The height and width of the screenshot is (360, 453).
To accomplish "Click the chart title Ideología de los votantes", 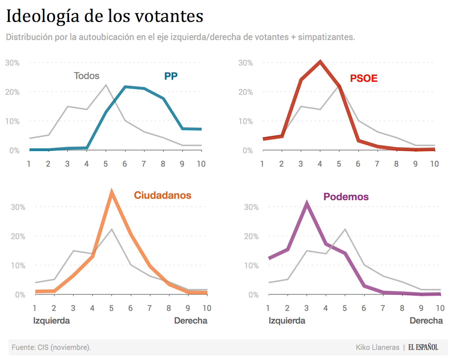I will pyautogui.click(x=105, y=16).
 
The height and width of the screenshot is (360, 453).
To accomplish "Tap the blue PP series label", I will pyautogui.click(x=171, y=76).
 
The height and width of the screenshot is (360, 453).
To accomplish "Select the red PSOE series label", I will pyautogui.click(x=364, y=78).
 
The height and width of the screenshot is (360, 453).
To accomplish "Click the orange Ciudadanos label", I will pyautogui.click(x=163, y=195).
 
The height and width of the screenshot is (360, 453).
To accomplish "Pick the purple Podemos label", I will pyautogui.click(x=346, y=197).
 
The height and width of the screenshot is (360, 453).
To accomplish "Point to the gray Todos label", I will pyautogui.click(x=87, y=76).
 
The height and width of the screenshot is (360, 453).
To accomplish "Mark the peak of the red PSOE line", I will pyautogui.click(x=320, y=62).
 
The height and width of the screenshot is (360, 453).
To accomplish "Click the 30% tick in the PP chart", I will pyautogui.click(x=12, y=63).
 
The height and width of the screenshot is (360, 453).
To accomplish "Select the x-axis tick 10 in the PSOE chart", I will pyautogui.click(x=434, y=164).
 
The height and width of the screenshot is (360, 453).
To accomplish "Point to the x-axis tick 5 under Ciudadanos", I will pyautogui.click(x=111, y=308).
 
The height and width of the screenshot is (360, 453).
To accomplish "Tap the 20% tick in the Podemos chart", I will pyautogui.click(x=251, y=236).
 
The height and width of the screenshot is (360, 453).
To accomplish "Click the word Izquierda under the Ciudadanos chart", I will pyautogui.click(x=52, y=321).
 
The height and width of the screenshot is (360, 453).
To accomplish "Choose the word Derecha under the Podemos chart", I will pyautogui.click(x=426, y=321).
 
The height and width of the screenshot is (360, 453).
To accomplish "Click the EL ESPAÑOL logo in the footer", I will pyautogui.click(x=423, y=347).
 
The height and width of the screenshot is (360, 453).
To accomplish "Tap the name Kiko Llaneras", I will pyautogui.click(x=377, y=347).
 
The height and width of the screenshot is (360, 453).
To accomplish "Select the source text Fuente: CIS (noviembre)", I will pyautogui.click(x=51, y=347).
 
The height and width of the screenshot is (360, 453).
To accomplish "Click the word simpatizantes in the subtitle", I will pyautogui.click(x=326, y=37).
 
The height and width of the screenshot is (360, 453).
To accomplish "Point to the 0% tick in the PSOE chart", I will pyautogui.click(x=247, y=151).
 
